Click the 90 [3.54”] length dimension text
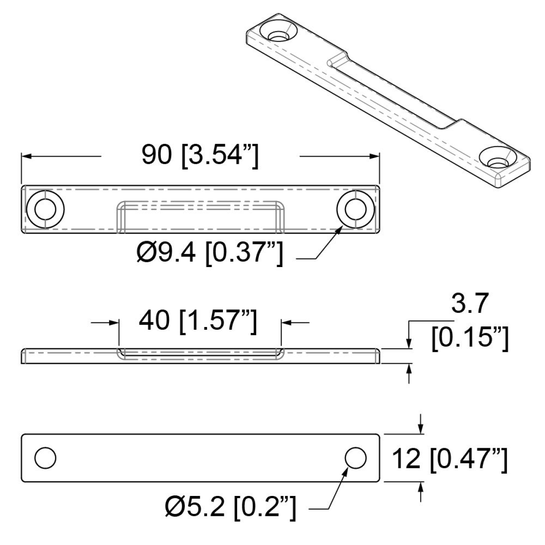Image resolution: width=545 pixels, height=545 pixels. click(x=200, y=156)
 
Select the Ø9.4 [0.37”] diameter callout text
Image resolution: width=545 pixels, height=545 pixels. click(x=209, y=253)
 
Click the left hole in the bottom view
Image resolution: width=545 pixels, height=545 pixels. click(x=45, y=457)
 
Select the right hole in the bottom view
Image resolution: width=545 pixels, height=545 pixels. click(x=355, y=457)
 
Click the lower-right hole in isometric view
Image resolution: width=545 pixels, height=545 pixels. click(x=497, y=159)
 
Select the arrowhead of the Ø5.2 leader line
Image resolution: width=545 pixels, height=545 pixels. click(x=346, y=470)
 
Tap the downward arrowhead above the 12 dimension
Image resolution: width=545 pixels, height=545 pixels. click(x=421, y=429)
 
